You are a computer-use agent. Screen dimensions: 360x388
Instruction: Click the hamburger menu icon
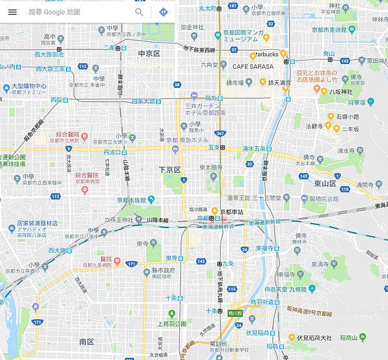(12, 12)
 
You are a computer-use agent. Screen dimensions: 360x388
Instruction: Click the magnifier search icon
(139, 12)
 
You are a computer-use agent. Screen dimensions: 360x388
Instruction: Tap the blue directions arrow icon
(164, 12)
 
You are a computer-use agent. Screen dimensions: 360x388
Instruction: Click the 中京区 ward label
(149, 53)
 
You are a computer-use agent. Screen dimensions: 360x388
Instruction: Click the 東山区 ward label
(325, 184)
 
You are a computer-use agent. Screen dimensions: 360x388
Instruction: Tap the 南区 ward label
(87, 341)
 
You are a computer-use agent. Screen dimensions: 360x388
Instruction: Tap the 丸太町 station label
(208, 8)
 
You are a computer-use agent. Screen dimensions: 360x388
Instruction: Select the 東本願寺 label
(211, 167)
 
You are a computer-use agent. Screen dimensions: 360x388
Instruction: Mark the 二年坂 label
(350, 128)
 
